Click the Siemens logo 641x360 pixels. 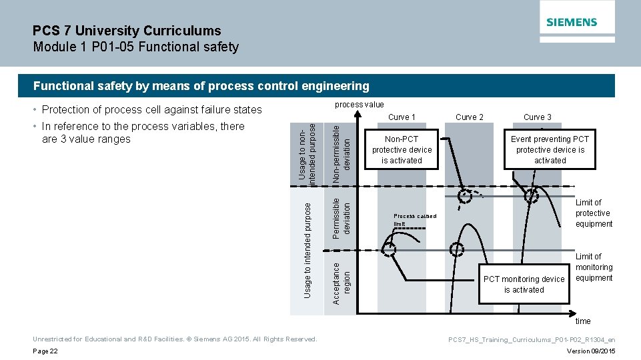(x=572, y=22)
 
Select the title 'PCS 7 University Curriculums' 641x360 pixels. (x=127, y=31)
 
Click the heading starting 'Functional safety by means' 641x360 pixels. (x=201, y=85)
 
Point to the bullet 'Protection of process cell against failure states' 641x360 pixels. (x=151, y=109)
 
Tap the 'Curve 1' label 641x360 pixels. (x=402, y=117)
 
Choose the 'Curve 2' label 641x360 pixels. (x=470, y=117)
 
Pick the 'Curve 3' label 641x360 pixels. (x=537, y=117)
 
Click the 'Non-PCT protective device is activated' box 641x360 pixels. (x=402, y=150)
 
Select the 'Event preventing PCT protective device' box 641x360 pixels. (x=550, y=150)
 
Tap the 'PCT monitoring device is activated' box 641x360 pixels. (x=524, y=285)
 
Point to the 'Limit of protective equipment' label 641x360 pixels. (x=593, y=213)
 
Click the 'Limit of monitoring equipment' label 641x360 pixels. (x=593, y=267)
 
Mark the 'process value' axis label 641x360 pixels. (x=359, y=104)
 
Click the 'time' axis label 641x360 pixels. (x=583, y=321)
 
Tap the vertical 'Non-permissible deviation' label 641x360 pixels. (x=341, y=152)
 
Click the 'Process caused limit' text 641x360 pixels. (x=414, y=219)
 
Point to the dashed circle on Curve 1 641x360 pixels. (x=389, y=249)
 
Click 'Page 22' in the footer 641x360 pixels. (x=46, y=351)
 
